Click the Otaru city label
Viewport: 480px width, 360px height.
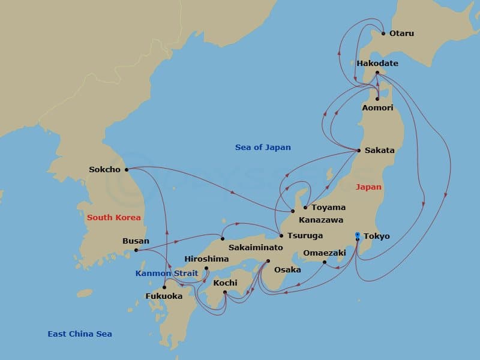click(401, 33)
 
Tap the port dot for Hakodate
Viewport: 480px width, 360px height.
click(377, 73)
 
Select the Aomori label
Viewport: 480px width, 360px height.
click(378, 107)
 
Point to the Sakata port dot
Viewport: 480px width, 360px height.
click(359, 150)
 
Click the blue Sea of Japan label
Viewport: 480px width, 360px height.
click(263, 147)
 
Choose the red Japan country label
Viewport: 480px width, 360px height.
click(368, 187)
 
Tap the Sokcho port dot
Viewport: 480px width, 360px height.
click(127, 169)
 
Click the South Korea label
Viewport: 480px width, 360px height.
click(114, 217)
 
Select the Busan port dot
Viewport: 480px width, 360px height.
click(136, 250)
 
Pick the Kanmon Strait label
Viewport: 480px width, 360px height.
click(167, 274)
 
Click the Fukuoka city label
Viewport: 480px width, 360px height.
click(164, 296)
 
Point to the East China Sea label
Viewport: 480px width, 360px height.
click(80, 334)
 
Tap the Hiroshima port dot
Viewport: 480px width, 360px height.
click(206, 268)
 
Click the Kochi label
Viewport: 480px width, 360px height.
click(226, 283)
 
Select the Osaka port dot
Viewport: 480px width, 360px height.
click(268, 261)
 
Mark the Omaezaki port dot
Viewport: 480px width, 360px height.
click(325, 262)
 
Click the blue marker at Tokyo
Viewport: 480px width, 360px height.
click(358, 235)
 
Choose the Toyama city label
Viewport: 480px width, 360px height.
click(328, 208)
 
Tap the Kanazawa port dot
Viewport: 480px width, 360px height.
click(293, 211)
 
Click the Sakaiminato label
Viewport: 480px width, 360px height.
click(248, 247)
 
